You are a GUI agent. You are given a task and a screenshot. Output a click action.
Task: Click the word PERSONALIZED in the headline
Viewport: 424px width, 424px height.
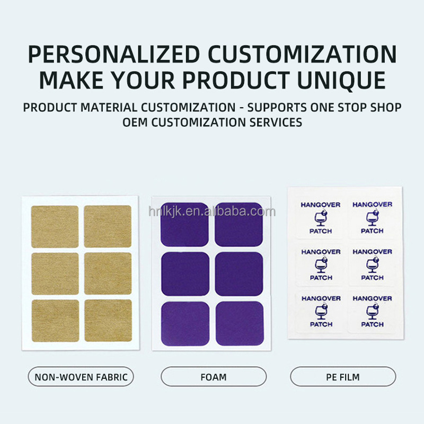tap(113, 54)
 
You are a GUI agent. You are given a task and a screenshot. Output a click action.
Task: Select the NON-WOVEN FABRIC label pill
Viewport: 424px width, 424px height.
tap(81, 377)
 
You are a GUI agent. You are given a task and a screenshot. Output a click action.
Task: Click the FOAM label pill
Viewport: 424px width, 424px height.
tap(214, 377)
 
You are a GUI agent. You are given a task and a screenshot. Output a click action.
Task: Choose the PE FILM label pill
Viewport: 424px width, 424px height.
tap(343, 377)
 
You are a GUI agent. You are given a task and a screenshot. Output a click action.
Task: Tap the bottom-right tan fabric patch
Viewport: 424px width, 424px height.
tap(108, 321)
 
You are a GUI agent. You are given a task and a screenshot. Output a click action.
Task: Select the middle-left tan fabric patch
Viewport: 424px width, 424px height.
tap(55, 273)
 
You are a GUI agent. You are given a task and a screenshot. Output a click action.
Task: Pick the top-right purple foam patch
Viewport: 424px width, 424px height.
tap(238, 225)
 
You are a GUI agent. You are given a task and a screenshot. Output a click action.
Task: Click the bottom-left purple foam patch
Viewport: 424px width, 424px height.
tap(185, 323)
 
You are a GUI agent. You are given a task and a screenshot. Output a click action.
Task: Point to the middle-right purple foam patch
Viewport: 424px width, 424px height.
tap(238, 273)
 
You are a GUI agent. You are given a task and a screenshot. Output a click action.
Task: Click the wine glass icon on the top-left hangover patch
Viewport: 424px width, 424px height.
tap(321, 218)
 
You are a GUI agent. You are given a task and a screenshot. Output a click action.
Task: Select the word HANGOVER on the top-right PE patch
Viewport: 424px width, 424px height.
tap(372, 205)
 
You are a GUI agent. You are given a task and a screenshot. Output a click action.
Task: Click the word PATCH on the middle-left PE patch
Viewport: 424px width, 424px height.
tap(321, 278)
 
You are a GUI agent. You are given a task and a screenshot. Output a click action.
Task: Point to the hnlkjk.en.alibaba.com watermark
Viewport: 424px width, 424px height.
tap(212, 212)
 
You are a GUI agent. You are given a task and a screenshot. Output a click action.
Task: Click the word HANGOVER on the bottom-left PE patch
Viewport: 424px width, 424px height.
tap(321, 299)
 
